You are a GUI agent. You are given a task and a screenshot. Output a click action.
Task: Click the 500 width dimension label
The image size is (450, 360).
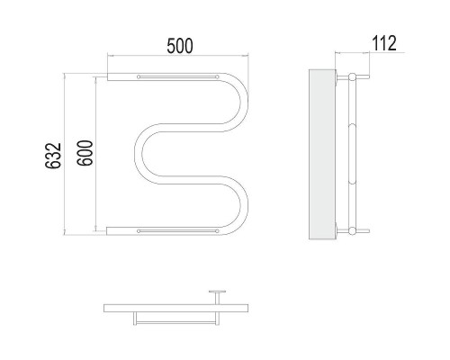click(180, 46)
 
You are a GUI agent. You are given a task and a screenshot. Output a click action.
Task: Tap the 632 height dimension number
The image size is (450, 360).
click(53, 156)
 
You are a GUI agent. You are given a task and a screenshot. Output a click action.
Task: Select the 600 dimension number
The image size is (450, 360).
click(85, 153)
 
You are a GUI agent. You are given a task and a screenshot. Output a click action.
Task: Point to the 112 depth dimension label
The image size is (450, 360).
click(384, 43)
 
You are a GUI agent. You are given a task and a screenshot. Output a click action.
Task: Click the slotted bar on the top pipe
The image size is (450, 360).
click(178, 77)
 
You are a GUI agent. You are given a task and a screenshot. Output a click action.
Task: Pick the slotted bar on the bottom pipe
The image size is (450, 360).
click(178, 231)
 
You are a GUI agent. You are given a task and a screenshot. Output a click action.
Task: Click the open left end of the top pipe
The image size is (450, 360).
click(107, 76)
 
